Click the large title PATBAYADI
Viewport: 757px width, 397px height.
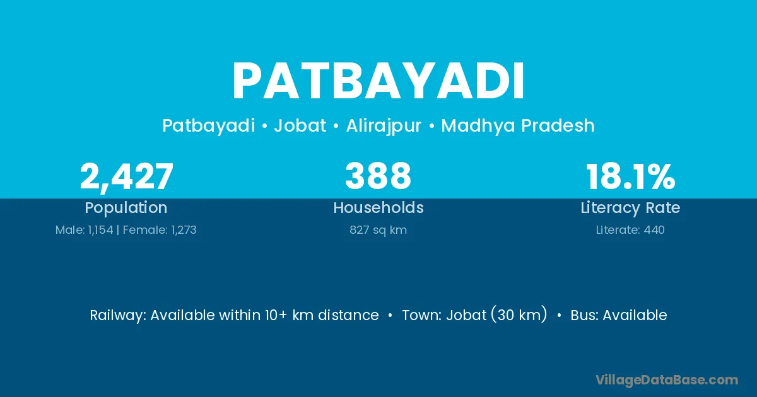[x=378, y=81]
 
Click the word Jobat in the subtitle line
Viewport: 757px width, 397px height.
[x=300, y=125]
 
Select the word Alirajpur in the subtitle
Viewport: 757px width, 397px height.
[x=384, y=126]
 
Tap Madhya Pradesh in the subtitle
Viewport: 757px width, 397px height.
[x=518, y=125]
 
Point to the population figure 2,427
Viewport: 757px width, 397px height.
[x=126, y=176]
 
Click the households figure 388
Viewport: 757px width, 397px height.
[x=378, y=176]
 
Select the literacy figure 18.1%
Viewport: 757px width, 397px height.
[x=631, y=176]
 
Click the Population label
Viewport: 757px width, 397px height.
[x=126, y=208]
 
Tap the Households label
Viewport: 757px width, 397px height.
[x=378, y=207]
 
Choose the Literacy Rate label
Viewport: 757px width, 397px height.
[x=630, y=208]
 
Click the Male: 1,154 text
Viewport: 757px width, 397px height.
[x=84, y=230]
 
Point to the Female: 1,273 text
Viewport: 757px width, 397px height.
[x=160, y=230]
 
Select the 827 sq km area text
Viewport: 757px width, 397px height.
[x=378, y=230]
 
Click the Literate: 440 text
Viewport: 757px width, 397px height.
[x=630, y=230]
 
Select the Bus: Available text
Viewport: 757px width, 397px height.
[x=619, y=315]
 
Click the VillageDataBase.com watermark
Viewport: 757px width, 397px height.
[x=667, y=380]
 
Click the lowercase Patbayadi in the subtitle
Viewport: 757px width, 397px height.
[x=209, y=126]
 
